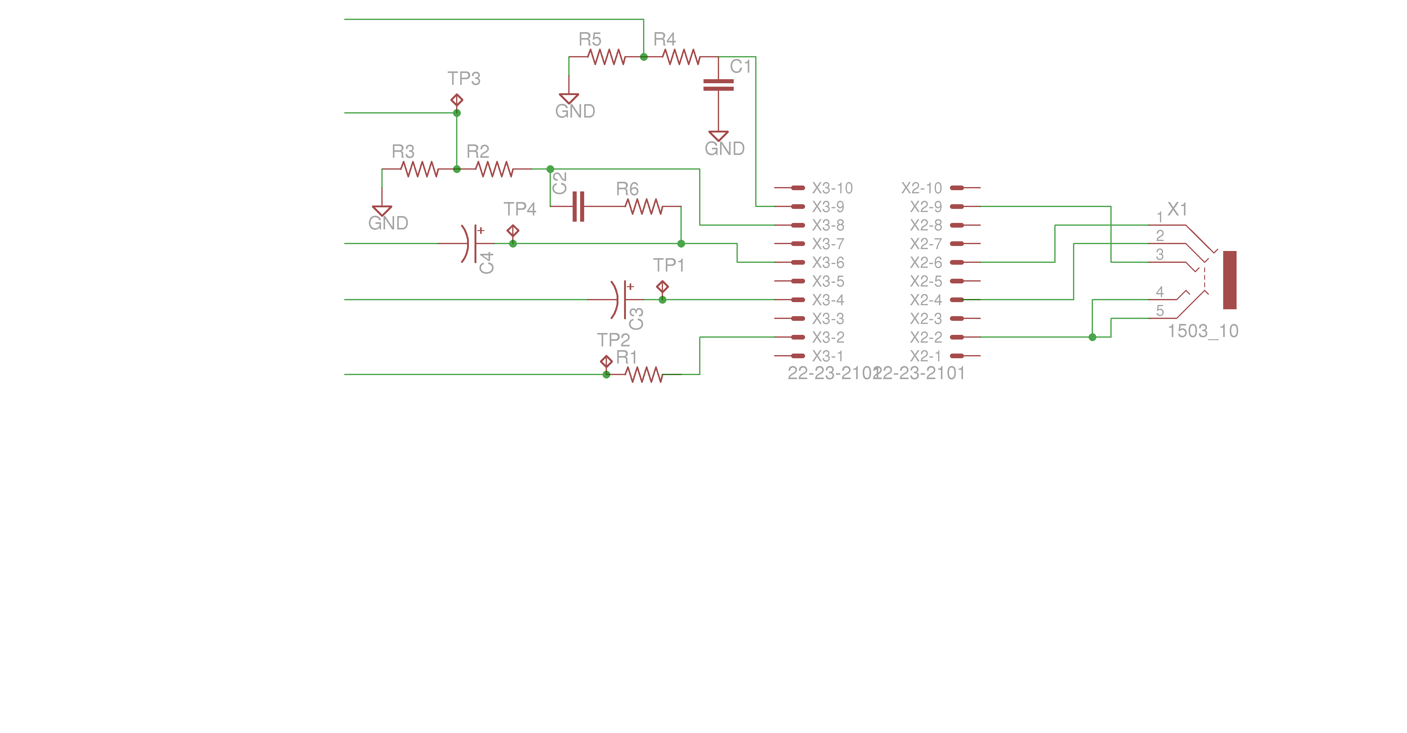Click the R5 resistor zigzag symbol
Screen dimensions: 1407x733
[x=606, y=57]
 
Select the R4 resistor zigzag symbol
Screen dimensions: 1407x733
[x=681, y=57]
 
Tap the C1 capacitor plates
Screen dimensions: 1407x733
[x=718, y=85]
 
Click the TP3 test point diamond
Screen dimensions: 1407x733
[x=457, y=100]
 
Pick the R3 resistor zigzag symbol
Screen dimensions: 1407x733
[x=419, y=169]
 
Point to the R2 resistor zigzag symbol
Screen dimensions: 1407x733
[x=494, y=169]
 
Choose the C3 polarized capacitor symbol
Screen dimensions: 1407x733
[x=622, y=300]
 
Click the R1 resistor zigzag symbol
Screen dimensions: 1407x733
[x=644, y=374]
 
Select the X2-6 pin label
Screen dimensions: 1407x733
[x=926, y=263]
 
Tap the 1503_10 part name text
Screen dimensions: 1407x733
[x=1203, y=331]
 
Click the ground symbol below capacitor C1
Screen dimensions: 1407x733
[x=718, y=136]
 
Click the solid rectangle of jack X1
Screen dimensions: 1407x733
[x=1229, y=280]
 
